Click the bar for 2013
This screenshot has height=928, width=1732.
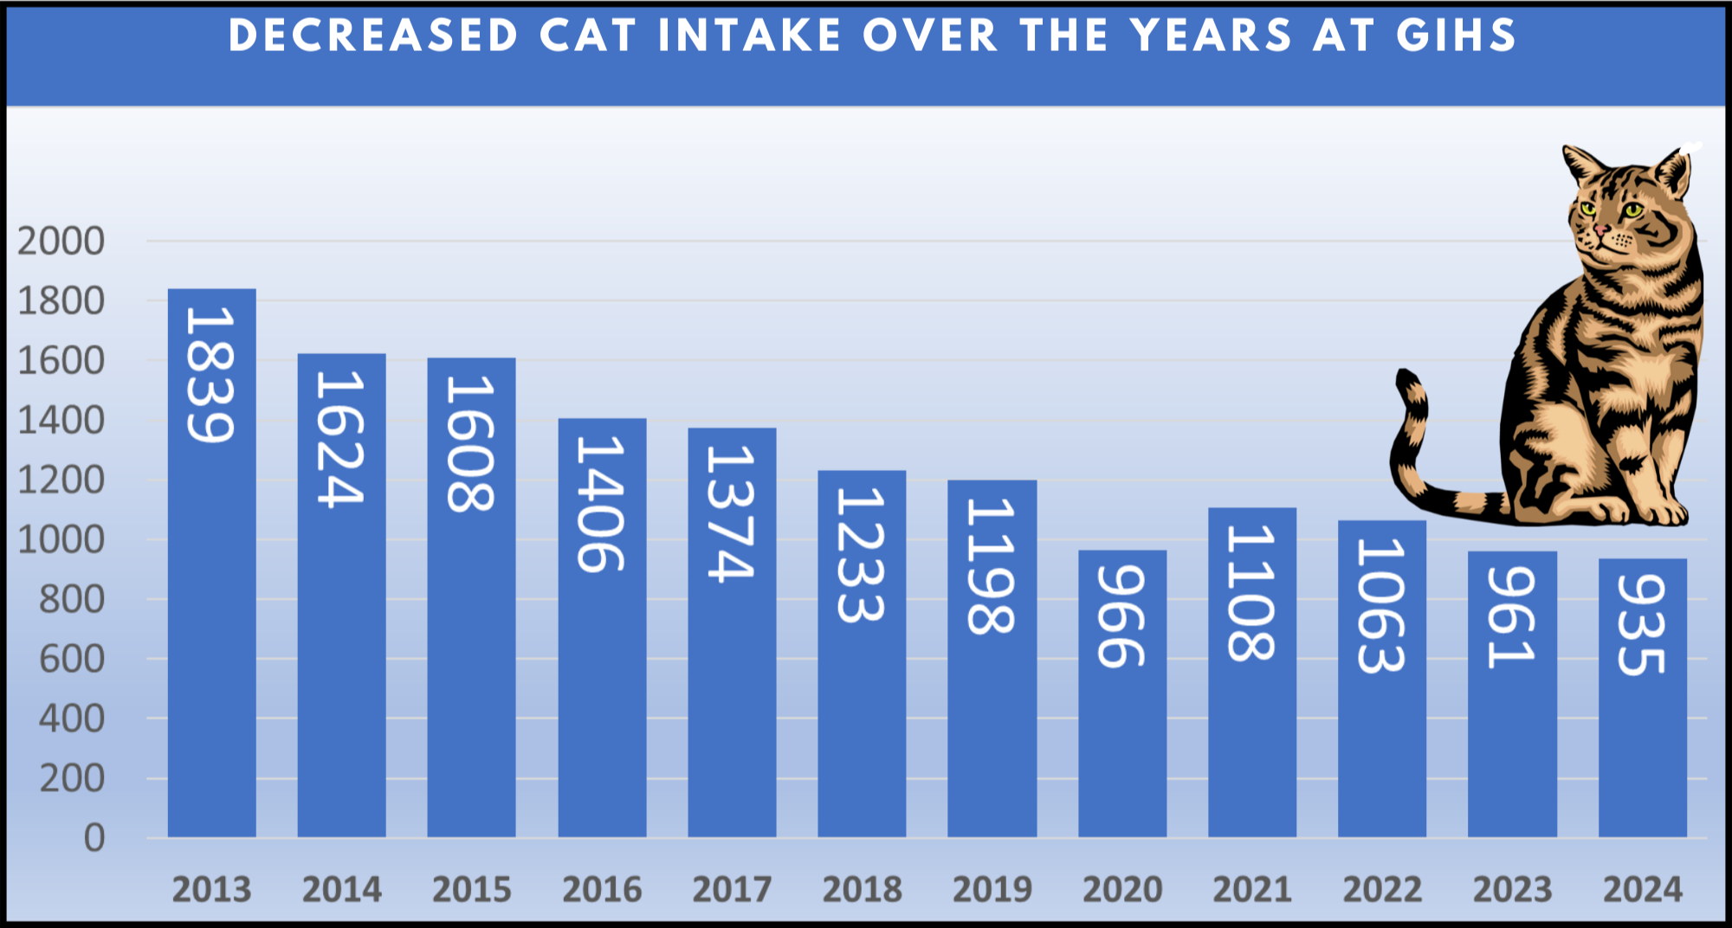point(211,563)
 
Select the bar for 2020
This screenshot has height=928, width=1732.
point(1122,693)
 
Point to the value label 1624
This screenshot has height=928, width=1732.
point(340,439)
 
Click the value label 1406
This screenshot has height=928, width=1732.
point(601,504)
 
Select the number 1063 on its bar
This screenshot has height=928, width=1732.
point(1381,605)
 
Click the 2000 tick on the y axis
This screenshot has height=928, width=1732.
point(61,242)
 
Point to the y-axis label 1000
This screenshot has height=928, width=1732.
point(61,540)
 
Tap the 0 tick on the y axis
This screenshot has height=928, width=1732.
point(94,838)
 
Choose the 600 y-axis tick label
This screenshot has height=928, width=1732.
point(72,660)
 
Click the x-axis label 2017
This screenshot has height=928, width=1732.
point(732,890)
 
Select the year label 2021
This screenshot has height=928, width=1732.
point(1252,890)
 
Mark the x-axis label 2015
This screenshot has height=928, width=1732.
point(472,890)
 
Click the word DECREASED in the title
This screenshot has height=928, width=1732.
point(373,36)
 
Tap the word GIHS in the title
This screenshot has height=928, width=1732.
point(1456,36)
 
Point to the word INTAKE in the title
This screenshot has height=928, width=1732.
point(750,36)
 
